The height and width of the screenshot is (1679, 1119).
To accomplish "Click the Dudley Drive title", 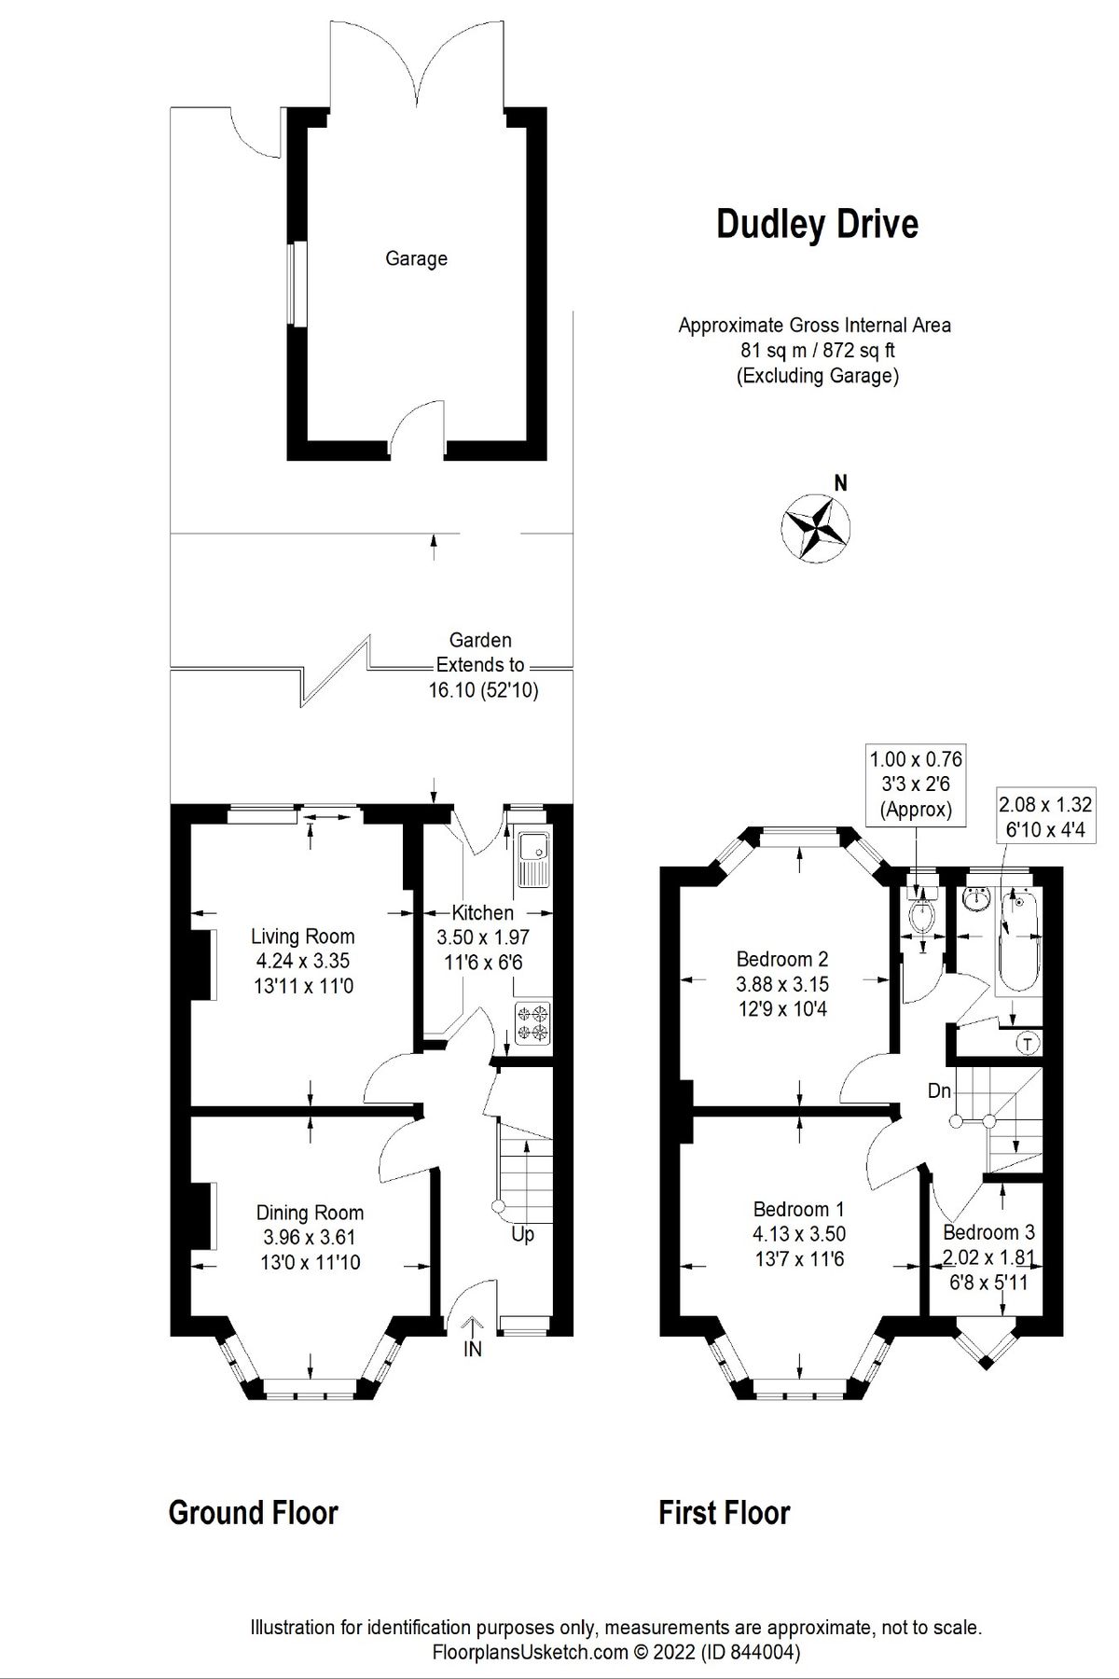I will pos(817,225).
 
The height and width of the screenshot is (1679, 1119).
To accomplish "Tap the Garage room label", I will pos(416,258).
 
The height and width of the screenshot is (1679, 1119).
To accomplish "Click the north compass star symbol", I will pos(814,528).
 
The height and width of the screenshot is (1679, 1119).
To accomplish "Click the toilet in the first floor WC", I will pos(923,914).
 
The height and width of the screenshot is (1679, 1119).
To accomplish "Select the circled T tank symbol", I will pos(1028,1044).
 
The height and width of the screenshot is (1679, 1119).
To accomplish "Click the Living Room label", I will pos(302,937).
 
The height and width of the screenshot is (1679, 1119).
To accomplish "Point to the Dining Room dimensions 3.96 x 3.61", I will pos(310,1238).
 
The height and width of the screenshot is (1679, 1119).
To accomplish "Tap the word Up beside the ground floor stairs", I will pos(522,1234).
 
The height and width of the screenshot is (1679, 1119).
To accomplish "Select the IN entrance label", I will pos(473,1349).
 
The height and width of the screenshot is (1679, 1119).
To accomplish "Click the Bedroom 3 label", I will pos(988,1232).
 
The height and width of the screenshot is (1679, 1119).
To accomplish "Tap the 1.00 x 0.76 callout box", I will pos(916,784).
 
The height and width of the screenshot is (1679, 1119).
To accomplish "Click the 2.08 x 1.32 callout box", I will pos(1045,816).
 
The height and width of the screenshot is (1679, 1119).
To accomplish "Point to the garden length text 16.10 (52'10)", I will pos(483,691).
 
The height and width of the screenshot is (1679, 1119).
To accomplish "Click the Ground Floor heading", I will pos(253,1512).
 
